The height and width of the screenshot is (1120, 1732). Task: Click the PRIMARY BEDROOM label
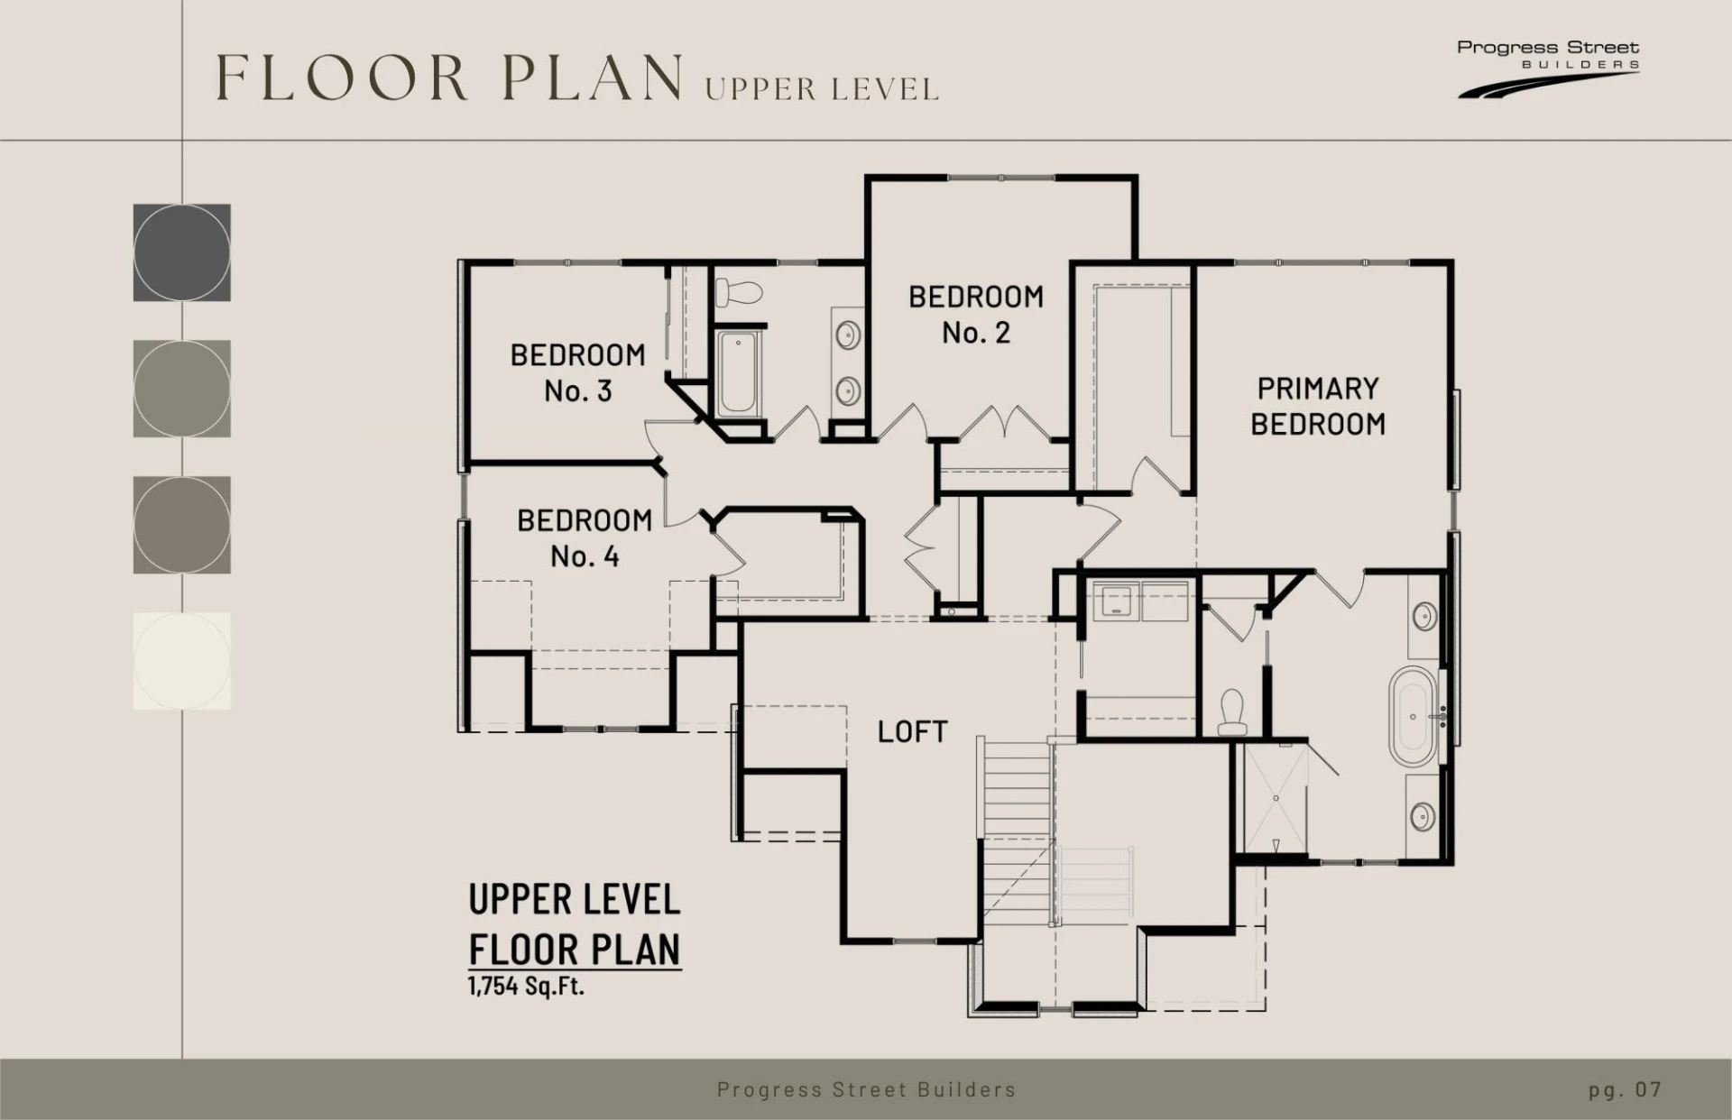pyautogui.click(x=1318, y=406)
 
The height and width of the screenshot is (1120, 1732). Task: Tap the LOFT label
pyautogui.click(x=912, y=731)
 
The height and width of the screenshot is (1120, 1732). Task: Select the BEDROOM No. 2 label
pyautogui.click(x=976, y=315)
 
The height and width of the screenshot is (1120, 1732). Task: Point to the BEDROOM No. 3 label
pyautogui.click(x=578, y=372)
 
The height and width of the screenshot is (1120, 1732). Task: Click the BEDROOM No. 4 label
pyautogui.click(x=585, y=538)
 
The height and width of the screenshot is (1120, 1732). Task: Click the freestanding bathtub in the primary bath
pyautogui.click(x=1413, y=717)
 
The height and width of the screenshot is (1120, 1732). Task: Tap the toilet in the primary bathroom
pyautogui.click(x=1232, y=712)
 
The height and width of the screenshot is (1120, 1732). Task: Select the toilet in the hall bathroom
pyautogui.click(x=739, y=291)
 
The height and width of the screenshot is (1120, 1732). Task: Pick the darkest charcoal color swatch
pyautogui.click(x=182, y=252)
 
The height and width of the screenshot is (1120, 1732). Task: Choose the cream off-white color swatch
pyautogui.click(x=182, y=661)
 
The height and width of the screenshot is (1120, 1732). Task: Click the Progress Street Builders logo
pyautogui.click(x=1548, y=67)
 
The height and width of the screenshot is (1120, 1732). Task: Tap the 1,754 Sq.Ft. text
pyautogui.click(x=526, y=986)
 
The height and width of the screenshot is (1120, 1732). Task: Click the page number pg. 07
pyautogui.click(x=1625, y=1089)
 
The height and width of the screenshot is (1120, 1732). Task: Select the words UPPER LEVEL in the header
pyautogui.click(x=822, y=89)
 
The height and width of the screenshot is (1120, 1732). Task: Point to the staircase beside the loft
pyautogui.click(x=1017, y=831)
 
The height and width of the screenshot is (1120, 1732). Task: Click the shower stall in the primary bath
pyautogui.click(x=1276, y=799)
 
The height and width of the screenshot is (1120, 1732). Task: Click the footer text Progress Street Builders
pyautogui.click(x=866, y=1089)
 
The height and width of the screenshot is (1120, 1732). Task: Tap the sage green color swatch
pyautogui.click(x=182, y=389)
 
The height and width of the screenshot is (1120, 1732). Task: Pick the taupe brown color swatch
pyautogui.click(x=182, y=525)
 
